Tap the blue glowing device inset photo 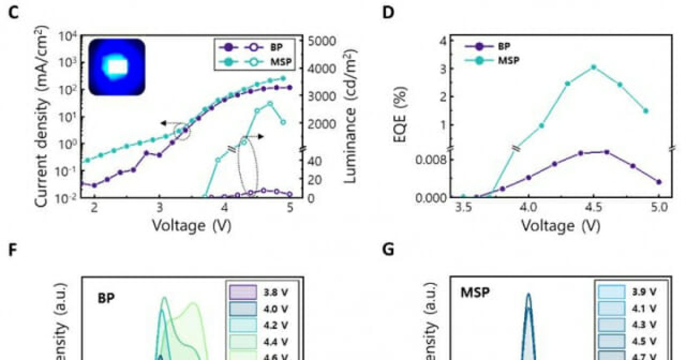[117, 67]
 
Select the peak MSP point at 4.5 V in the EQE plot [594, 67]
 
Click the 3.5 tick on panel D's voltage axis [464, 209]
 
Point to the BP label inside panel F [106, 298]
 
